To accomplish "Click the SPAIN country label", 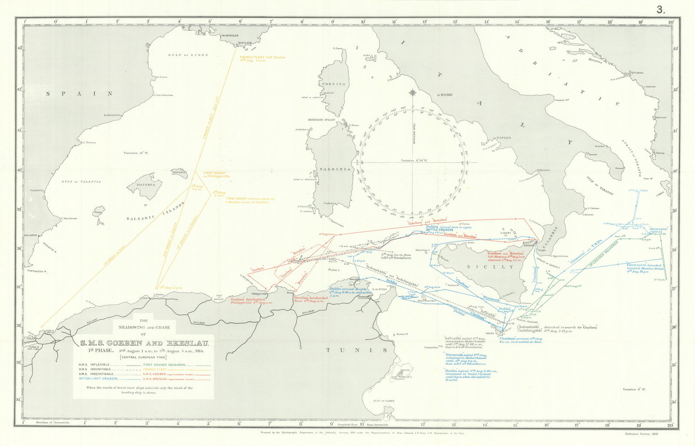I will [x=80, y=93].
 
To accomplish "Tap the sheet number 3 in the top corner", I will [x=661, y=10].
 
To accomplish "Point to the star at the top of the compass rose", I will [x=413, y=93].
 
